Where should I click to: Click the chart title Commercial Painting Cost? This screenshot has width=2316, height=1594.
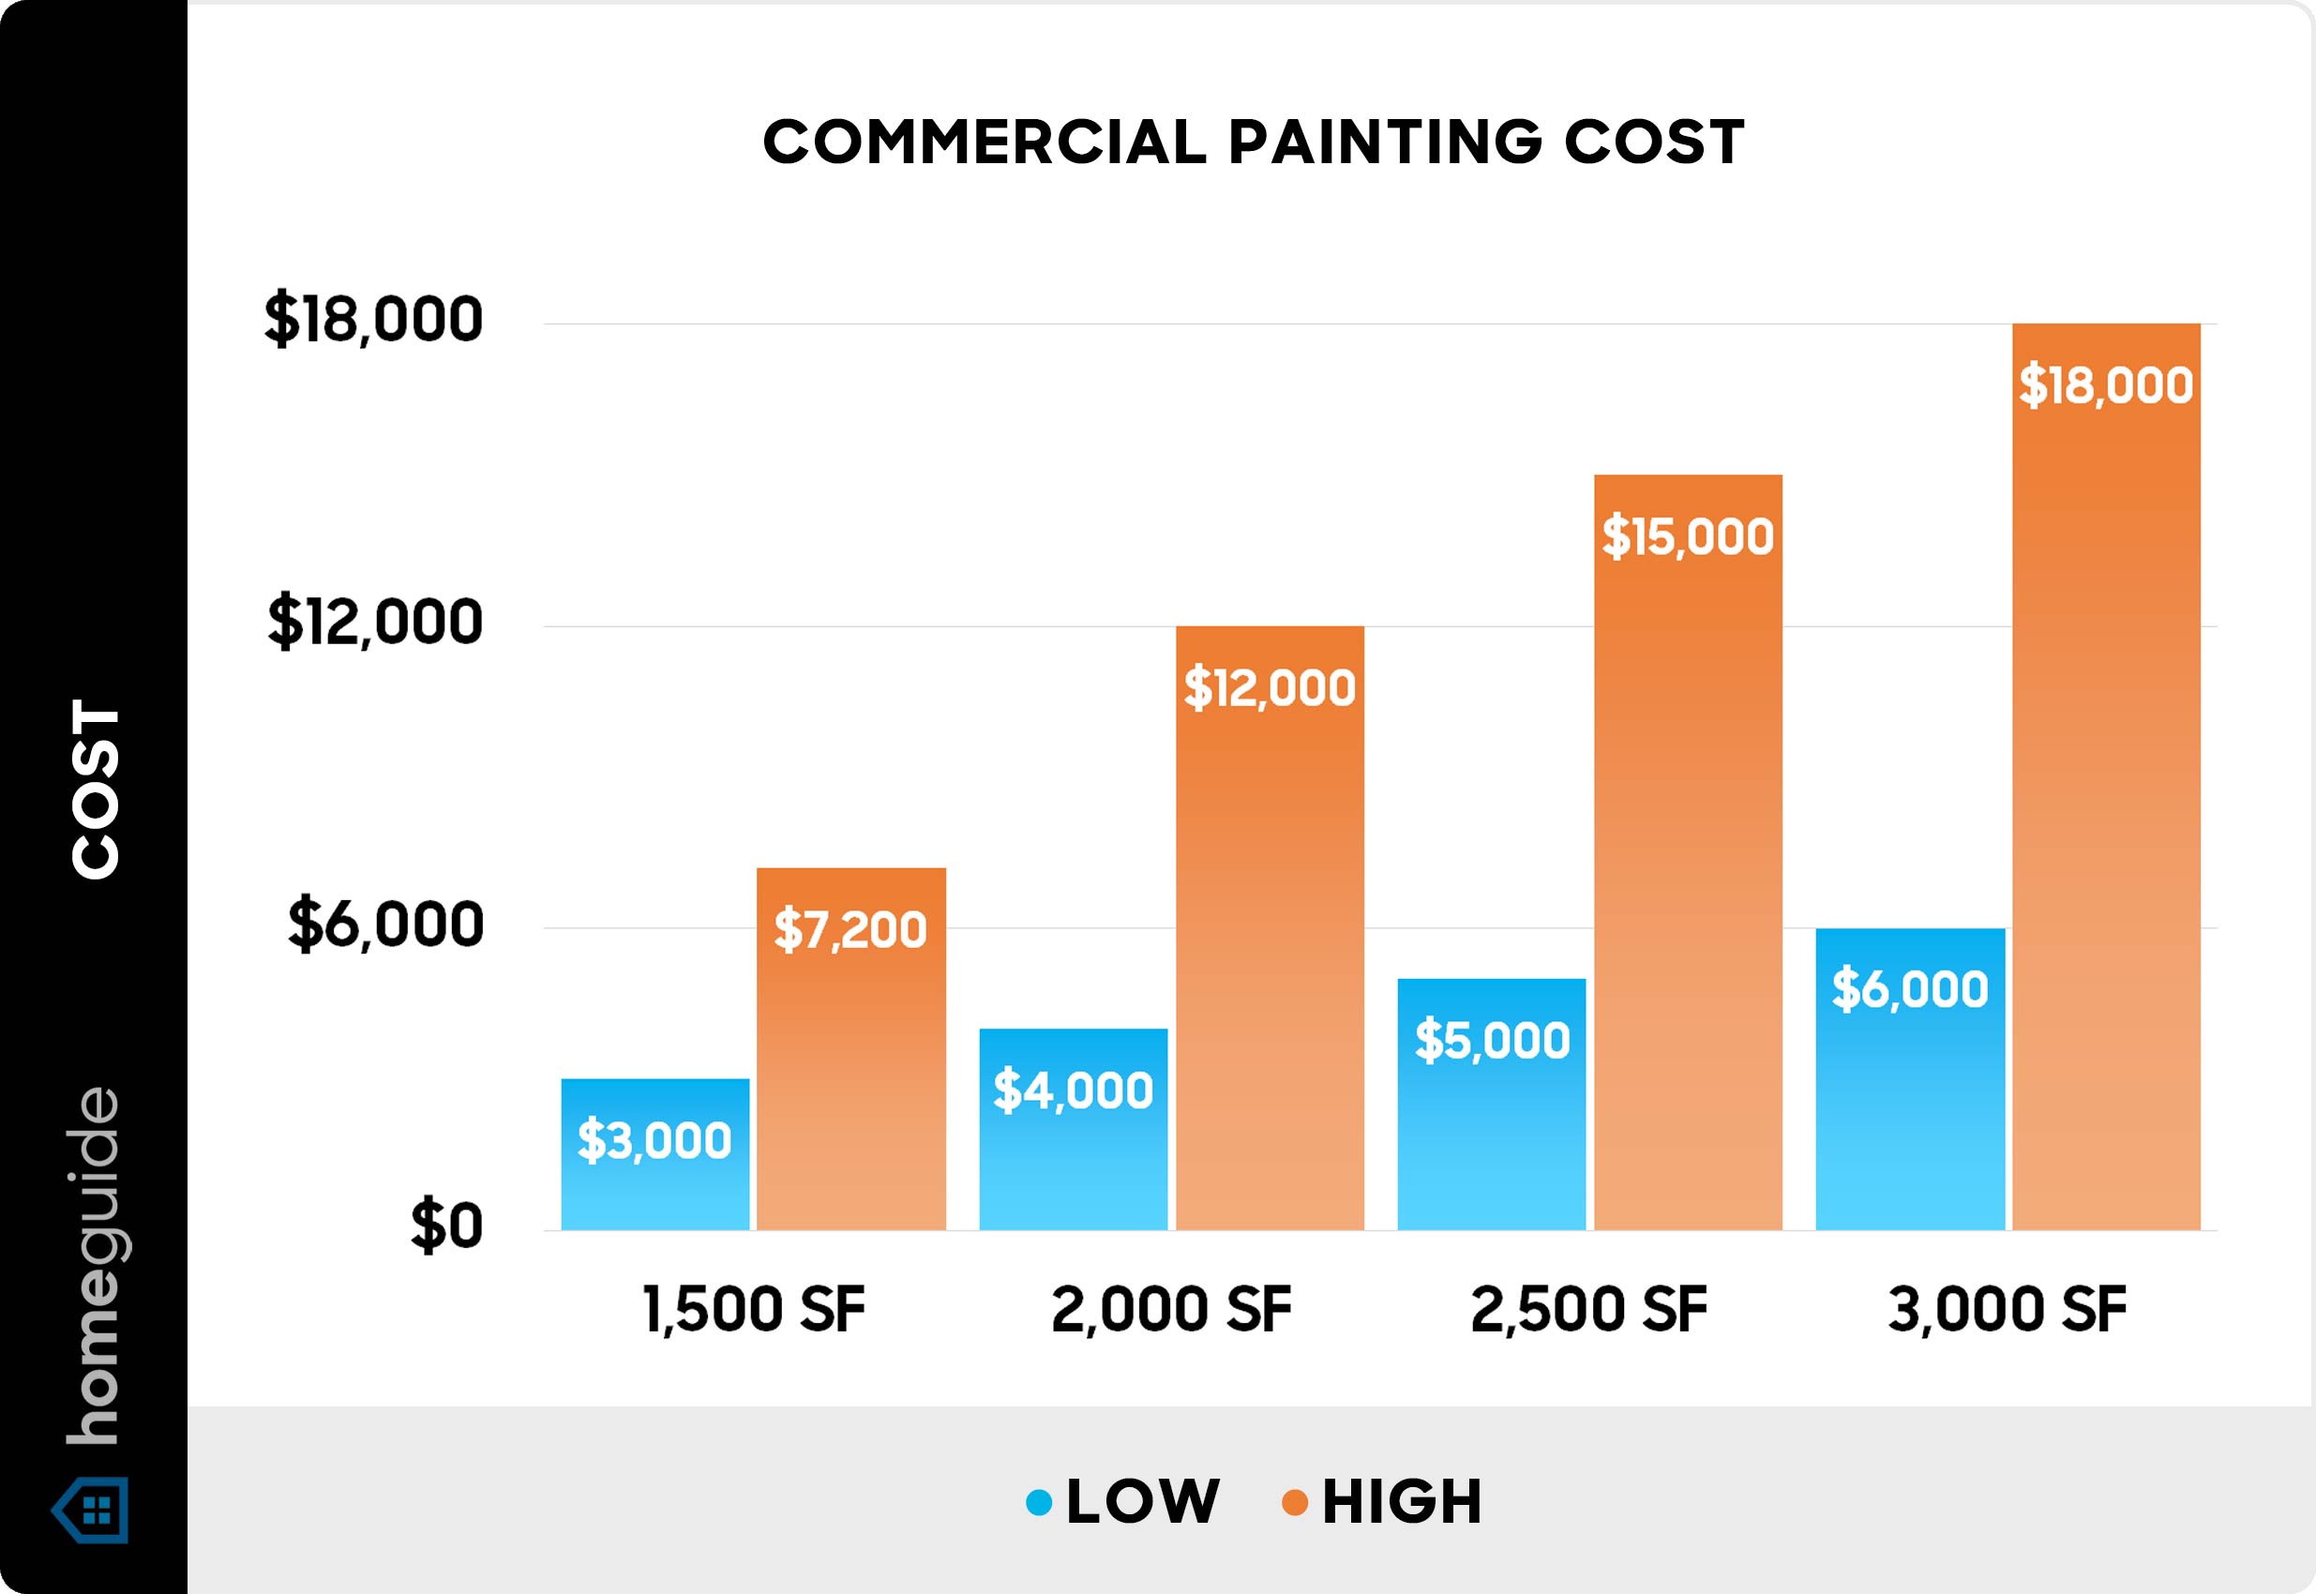[x=1254, y=142]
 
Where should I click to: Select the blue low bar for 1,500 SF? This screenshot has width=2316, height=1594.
[x=655, y=1153]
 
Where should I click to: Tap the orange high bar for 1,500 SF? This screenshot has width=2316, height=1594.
[x=850, y=1048]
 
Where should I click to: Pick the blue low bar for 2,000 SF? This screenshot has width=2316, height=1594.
[x=1074, y=1129]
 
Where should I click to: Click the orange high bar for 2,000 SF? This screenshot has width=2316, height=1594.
[x=1270, y=928]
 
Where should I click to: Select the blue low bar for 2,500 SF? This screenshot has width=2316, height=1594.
[x=1492, y=1104]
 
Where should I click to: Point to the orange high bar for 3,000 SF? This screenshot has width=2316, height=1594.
[x=2106, y=777]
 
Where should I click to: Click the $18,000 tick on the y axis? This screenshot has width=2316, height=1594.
[x=373, y=321]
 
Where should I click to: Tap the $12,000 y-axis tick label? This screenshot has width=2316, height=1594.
[x=375, y=623]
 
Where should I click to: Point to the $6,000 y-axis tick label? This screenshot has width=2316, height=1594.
[x=385, y=925]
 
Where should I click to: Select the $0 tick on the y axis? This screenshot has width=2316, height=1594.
[x=446, y=1226]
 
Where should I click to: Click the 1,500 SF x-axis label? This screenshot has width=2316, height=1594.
[x=754, y=1309]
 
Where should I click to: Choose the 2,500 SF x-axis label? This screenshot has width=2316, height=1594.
[x=1590, y=1309]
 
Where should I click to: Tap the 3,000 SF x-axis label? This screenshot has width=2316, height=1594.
[x=2008, y=1309]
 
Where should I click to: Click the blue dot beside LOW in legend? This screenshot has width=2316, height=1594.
[x=1039, y=1503]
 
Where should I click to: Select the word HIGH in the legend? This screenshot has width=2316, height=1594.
[x=1402, y=1502]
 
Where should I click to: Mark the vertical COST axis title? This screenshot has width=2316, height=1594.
[x=96, y=789]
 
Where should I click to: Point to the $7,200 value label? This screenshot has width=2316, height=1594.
[x=850, y=930]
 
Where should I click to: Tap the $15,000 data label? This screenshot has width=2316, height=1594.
[x=1688, y=536]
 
